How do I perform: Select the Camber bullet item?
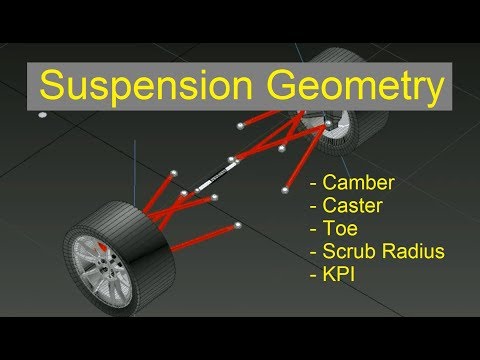(x=356, y=185)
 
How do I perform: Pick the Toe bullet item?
(x=340, y=228)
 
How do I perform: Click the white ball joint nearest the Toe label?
(x=237, y=225)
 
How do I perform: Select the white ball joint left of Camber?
(x=289, y=184)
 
